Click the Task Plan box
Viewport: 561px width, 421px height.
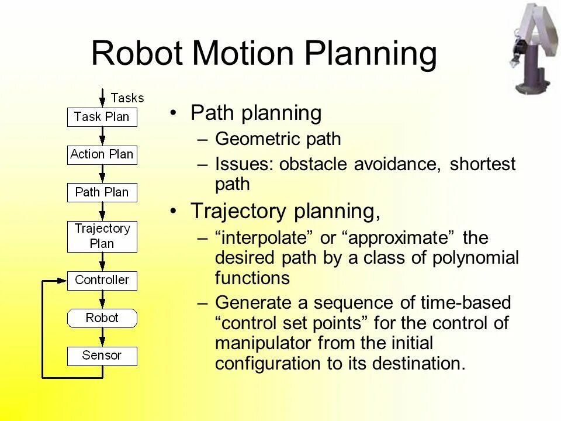tap(102, 117)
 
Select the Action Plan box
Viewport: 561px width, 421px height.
tap(102, 155)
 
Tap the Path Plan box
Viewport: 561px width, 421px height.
tap(102, 192)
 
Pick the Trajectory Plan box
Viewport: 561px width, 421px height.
tap(102, 236)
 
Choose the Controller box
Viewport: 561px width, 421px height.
tap(102, 281)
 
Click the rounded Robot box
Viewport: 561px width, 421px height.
tap(102, 319)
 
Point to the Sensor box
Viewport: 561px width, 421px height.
tap(102, 356)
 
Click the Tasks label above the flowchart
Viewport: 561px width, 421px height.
tap(127, 98)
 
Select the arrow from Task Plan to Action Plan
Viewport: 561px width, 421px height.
tap(102, 136)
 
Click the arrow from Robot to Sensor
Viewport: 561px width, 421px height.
tap(102, 337)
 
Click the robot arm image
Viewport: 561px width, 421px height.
tap(535, 47)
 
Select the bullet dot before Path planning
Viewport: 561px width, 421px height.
tap(174, 113)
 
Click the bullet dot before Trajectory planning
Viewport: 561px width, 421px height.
tap(174, 212)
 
